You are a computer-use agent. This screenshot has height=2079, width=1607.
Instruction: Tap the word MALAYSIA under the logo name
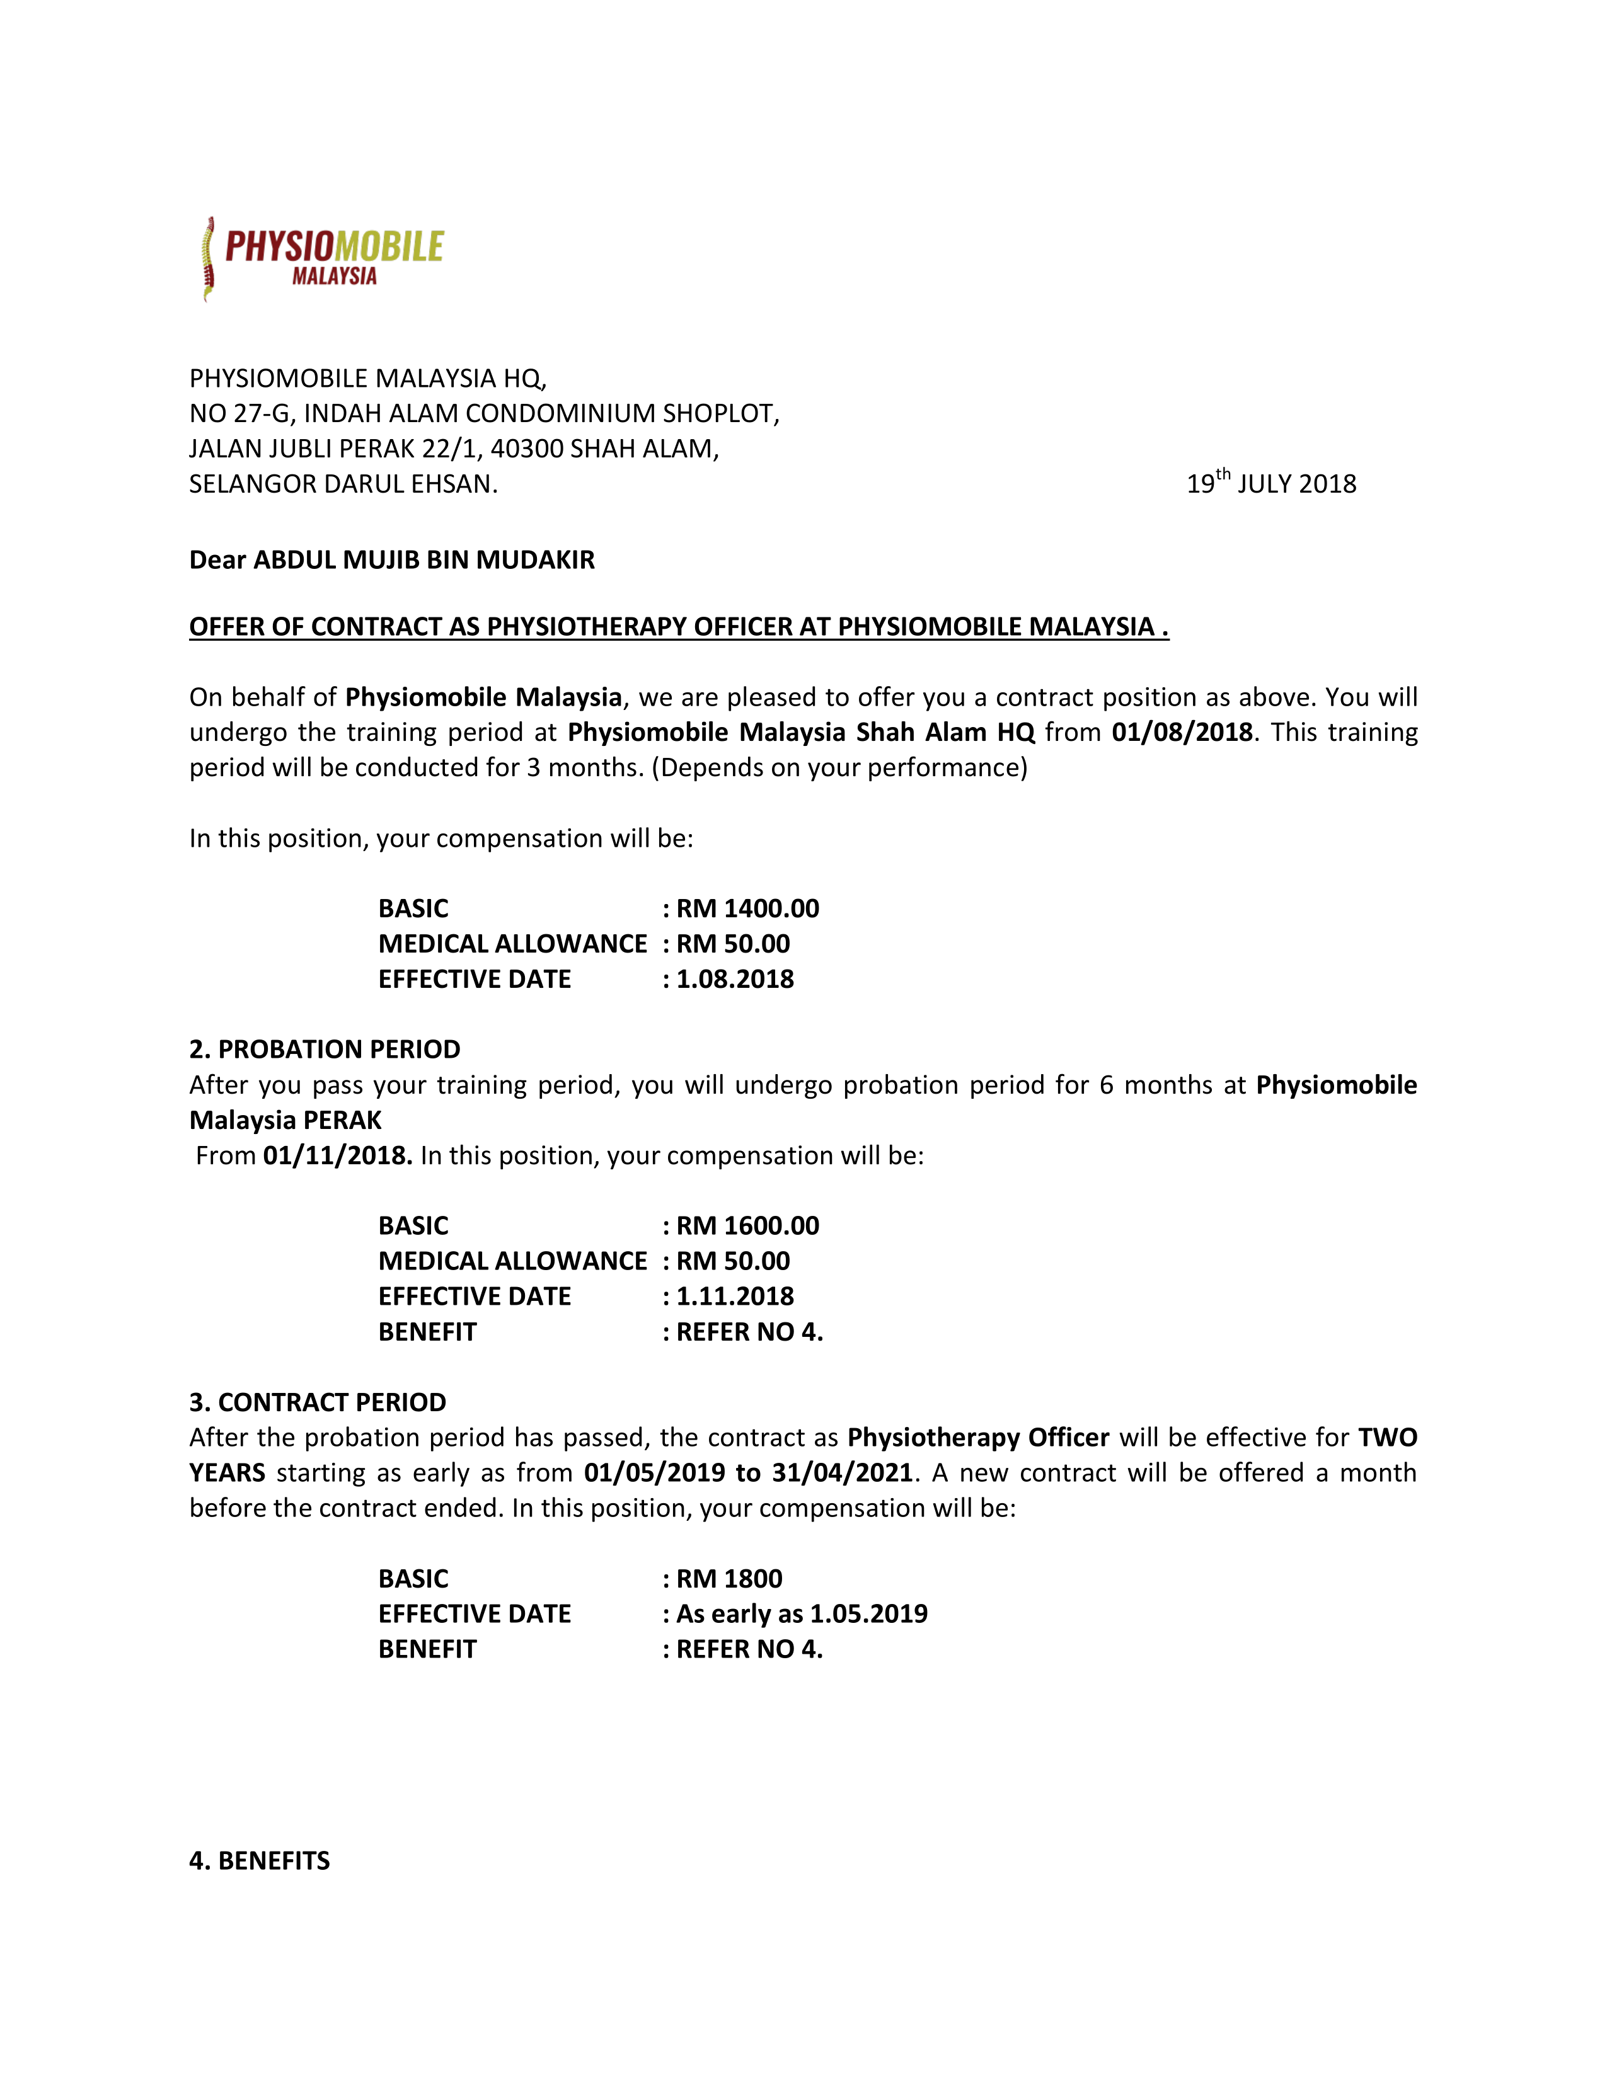tap(334, 276)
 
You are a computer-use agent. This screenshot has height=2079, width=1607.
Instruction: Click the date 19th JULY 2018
tap(1271, 483)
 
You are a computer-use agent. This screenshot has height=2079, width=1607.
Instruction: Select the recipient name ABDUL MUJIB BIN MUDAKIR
tap(423, 559)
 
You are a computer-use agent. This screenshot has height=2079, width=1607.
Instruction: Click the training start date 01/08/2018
tap(1182, 732)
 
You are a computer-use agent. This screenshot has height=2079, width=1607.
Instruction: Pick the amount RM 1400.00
tap(747, 908)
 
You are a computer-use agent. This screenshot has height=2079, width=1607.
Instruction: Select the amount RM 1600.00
tap(747, 1225)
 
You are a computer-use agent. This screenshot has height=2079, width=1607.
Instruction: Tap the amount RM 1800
tap(729, 1578)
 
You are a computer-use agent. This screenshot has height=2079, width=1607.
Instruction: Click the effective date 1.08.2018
tap(735, 978)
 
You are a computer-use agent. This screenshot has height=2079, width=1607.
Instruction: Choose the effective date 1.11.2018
tap(735, 1295)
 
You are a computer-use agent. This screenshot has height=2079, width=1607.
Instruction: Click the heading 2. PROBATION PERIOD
tap(325, 1049)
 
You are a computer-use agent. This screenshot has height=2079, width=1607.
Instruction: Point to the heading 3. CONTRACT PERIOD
tap(318, 1402)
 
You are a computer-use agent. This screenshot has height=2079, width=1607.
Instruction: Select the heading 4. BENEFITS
tap(260, 1861)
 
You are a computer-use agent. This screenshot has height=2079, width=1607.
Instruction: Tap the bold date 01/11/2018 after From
tap(337, 1155)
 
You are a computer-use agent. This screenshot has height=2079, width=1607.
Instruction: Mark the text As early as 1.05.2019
tap(802, 1613)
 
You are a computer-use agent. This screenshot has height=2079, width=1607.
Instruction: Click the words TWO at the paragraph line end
tap(1387, 1438)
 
